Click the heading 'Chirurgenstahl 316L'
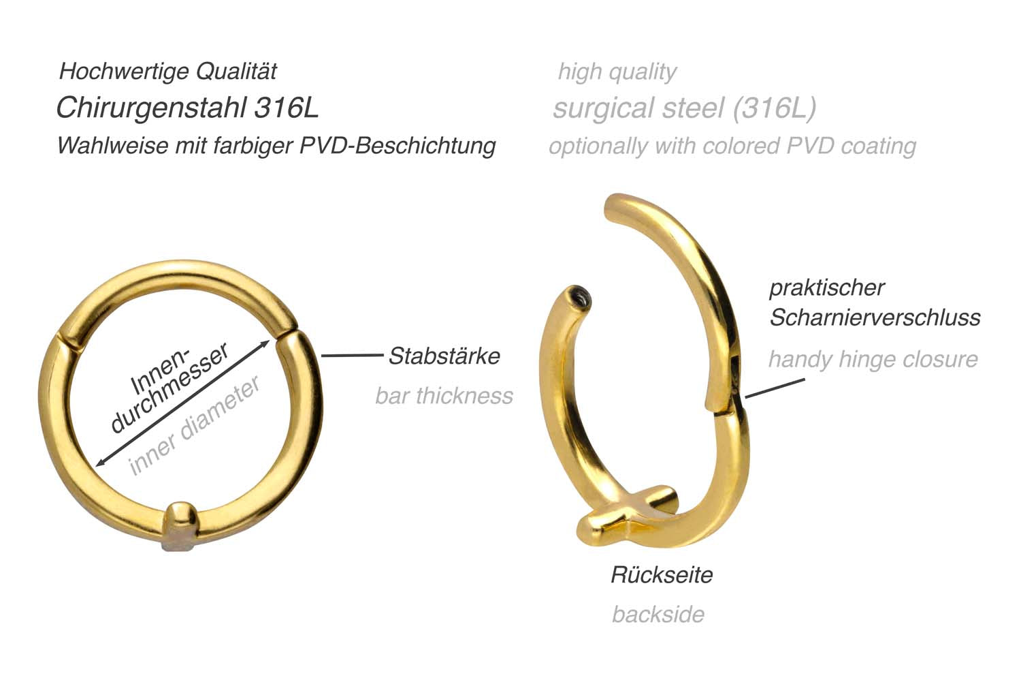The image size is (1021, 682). click(x=187, y=108)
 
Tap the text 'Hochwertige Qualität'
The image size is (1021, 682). click(x=168, y=72)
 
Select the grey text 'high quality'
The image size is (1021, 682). click(x=617, y=72)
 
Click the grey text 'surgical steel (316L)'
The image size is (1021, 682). click(x=684, y=108)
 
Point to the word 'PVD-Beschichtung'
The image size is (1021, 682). click(x=398, y=146)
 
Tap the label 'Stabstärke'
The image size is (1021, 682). click(x=444, y=356)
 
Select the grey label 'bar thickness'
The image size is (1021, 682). click(x=444, y=396)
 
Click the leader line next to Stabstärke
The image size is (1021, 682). click(x=353, y=356)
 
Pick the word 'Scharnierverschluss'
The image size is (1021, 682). click(x=875, y=317)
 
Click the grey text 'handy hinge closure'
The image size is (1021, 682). click(x=873, y=360)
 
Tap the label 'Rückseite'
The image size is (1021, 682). click(x=662, y=575)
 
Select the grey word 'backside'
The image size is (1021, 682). click(x=658, y=615)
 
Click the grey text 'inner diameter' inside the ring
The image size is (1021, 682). click(x=195, y=425)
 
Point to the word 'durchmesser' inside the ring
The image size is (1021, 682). click(x=169, y=388)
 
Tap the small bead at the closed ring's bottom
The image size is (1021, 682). click(x=181, y=526)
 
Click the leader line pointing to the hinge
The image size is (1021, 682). click(x=775, y=388)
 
